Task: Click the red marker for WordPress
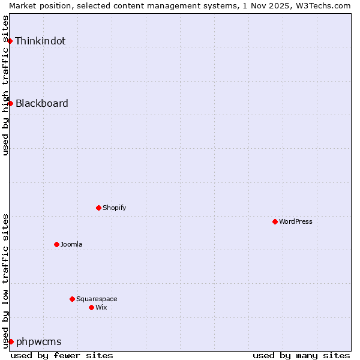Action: click(x=275, y=221)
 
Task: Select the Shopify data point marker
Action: click(x=98, y=208)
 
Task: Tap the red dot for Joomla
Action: click(x=56, y=244)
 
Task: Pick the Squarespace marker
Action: click(x=72, y=299)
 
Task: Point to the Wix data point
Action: click(x=91, y=307)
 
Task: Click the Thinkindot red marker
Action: click(x=10, y=41)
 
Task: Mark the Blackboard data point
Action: click(x=10, y=103)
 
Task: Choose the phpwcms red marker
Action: click(x=11, y=341)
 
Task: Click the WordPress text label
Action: click(x=296, y=221)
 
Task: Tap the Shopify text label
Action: click(x=114, y=208)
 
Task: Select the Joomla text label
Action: click(x=71, y=244)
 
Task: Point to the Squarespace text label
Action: click(x=97, y=299)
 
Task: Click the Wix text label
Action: click(x=101, y=307)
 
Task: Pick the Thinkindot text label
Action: click(x=40, y=41)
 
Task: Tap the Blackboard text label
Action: click(x=41, y=103)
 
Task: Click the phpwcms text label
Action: click(x=38, y=341)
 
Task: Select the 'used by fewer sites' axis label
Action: click(x=62, y=355)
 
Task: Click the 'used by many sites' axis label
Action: click(x=301, y=355)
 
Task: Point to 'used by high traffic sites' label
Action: click(x=5, y=85)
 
